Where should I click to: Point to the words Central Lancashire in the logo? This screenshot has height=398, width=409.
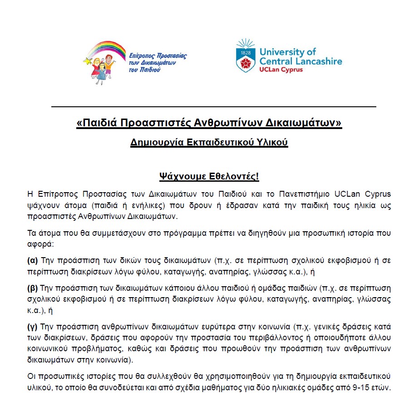[301, 61]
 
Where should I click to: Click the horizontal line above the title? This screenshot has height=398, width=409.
[213, 107]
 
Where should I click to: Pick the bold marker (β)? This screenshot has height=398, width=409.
[33, 288]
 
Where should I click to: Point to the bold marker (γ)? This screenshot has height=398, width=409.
[33, 326]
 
